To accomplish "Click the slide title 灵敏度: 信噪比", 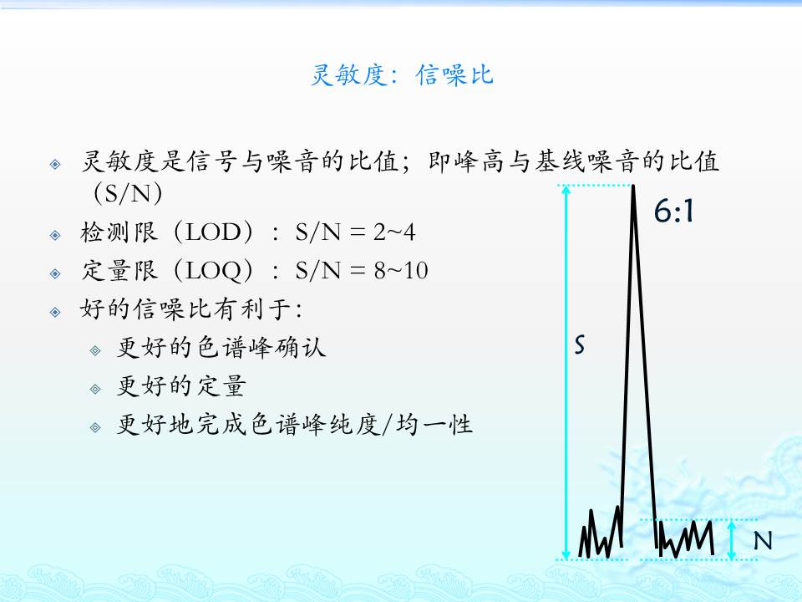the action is [402, 74].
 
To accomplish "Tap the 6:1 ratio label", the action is [673, 211].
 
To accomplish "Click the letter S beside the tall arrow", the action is [579, 345].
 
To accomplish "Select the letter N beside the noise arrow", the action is [763, 541].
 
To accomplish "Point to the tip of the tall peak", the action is [633, 186].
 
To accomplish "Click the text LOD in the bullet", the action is [213, 232].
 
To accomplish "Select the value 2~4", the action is [393, 232].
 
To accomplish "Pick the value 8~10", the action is [400, 271].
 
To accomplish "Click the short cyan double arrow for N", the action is [732, 540].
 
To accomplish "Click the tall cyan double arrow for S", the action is [566, 372].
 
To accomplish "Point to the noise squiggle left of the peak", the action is [601, 533].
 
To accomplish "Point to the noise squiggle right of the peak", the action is [685, 538].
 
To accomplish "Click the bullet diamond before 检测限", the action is [55, 236].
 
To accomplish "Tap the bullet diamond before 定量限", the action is [55, 274].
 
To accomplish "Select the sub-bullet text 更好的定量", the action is [181, 385].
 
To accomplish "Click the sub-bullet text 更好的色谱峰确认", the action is [221, 347].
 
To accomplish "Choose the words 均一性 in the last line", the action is [434, 425].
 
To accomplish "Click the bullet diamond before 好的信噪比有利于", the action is [55, 312].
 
